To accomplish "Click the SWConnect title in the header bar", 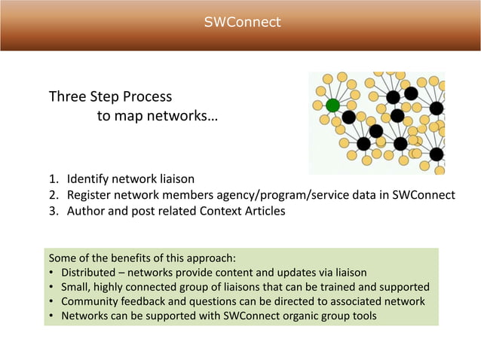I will (x=242, y=22).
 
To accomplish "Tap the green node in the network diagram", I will (x=332, y=105).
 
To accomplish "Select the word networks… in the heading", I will (x=184, y=117).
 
